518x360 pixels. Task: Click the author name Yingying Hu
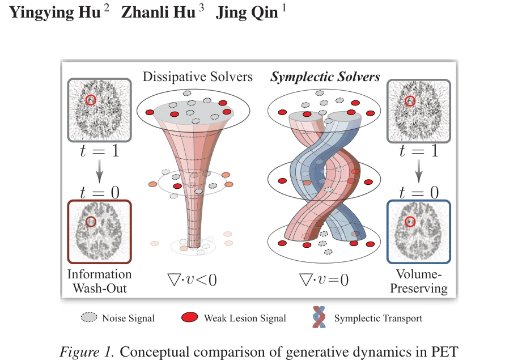[55, 12]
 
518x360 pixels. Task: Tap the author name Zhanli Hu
[158, 12]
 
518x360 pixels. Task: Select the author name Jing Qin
[247, 12]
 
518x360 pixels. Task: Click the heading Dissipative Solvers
[198, 77]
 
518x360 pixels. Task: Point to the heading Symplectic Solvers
[325, 77]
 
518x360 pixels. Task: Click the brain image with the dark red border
[99, 232]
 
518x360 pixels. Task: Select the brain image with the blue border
[419, 232]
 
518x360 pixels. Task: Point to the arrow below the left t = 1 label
[99, 171]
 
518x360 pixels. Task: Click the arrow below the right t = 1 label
[419, 171]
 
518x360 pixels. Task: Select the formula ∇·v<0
[192, 279]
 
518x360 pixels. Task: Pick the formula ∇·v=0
[324, 279]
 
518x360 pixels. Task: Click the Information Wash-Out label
[99, 281]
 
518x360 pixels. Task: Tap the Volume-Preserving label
[419, 281]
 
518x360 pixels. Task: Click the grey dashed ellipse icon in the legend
[89, 317]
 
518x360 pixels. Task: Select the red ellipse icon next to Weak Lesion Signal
[190, 317]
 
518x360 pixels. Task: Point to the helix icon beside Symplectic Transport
[319, 317]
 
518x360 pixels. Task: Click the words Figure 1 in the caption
[87, 351]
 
